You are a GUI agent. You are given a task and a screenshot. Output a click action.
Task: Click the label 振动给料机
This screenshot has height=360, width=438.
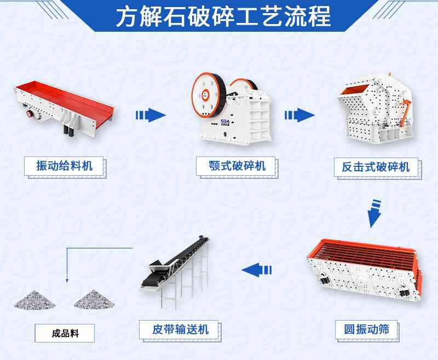click(64, 165)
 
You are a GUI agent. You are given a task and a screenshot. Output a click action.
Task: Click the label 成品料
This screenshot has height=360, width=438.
click(65, 333)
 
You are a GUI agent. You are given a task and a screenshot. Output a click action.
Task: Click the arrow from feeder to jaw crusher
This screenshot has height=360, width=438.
click(150, 115)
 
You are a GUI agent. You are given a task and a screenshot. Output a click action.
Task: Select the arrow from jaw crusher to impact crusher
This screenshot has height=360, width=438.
click(299, 115)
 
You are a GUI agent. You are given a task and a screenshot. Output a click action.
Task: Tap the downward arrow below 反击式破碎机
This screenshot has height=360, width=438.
click(374, 213)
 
